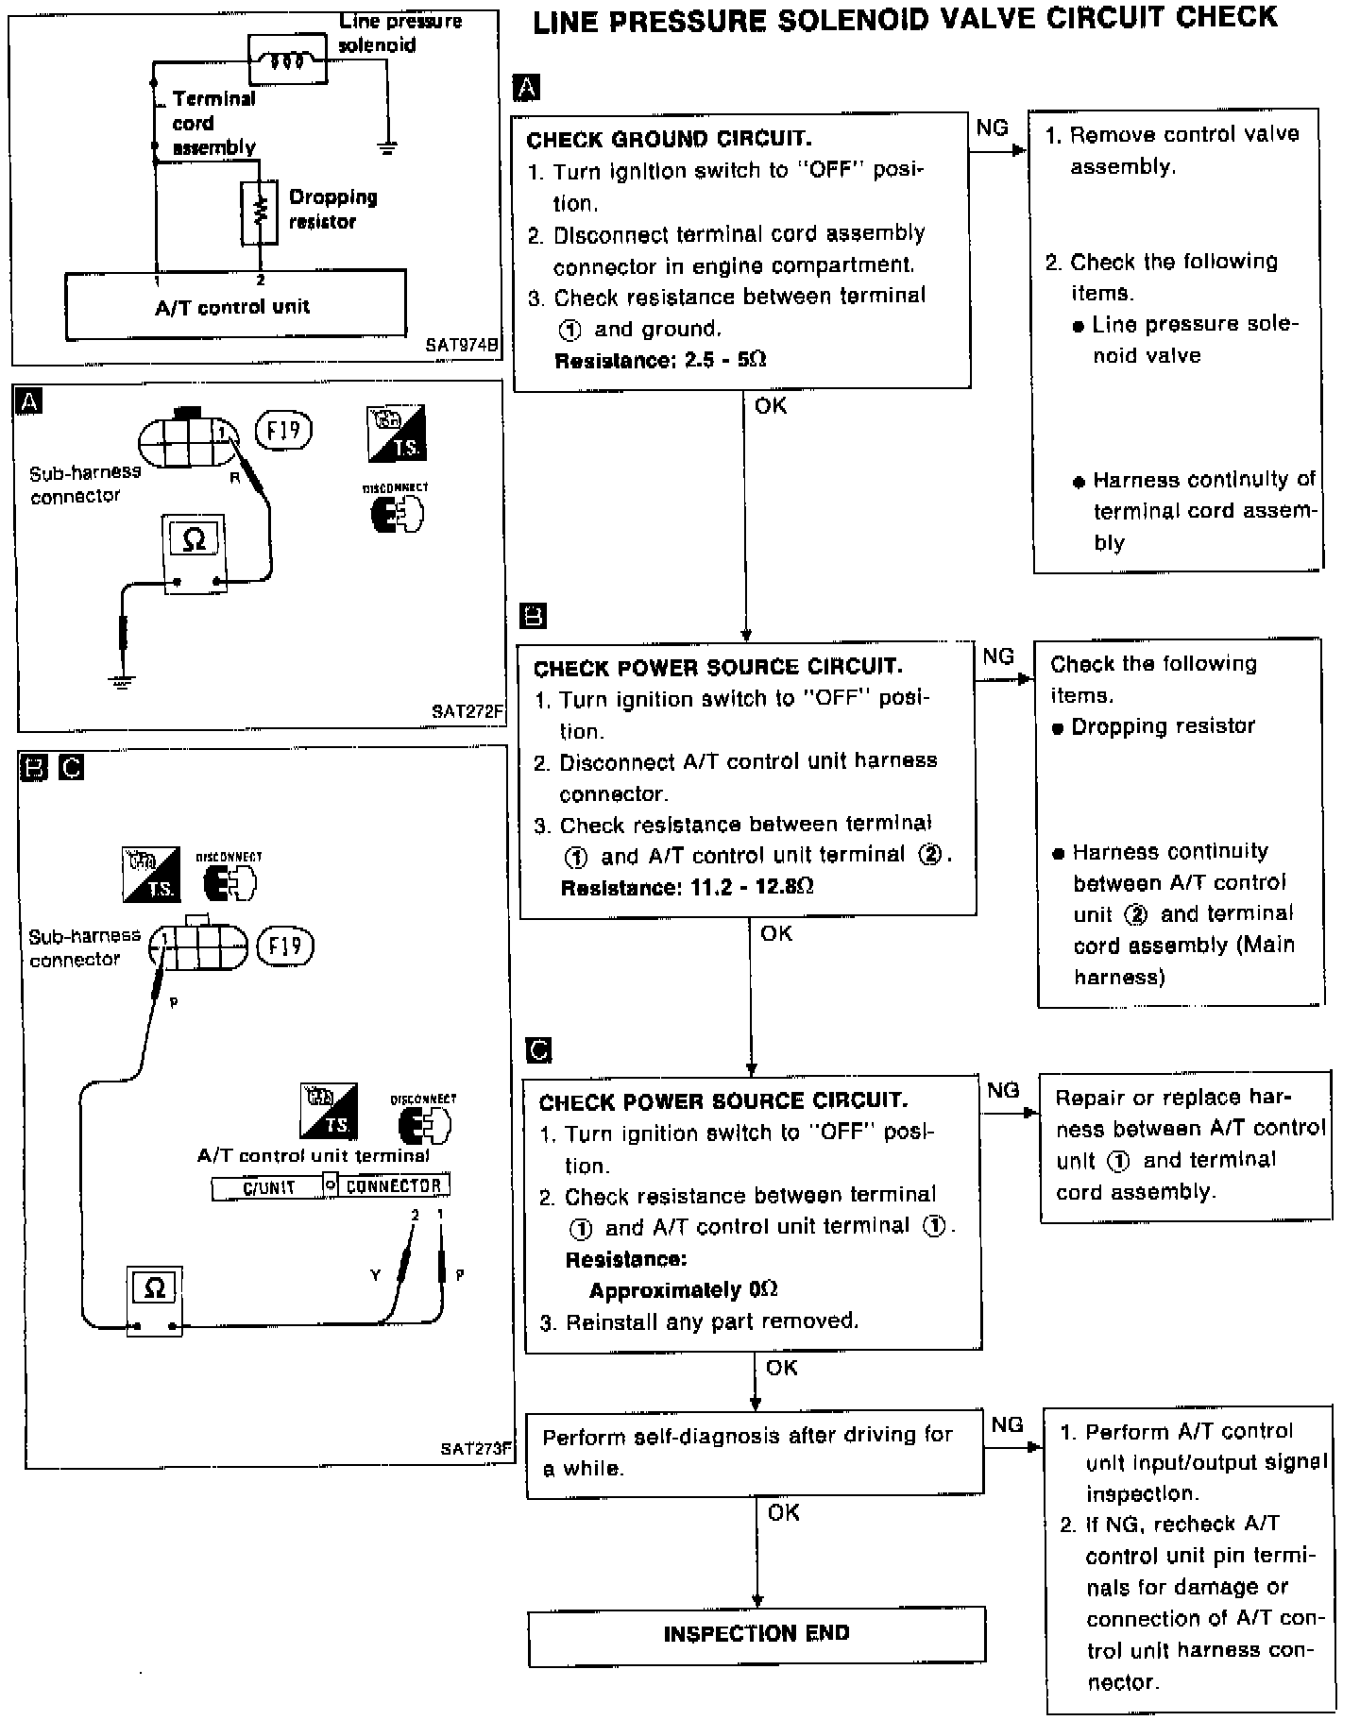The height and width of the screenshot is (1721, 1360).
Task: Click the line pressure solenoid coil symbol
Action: pos(286,60)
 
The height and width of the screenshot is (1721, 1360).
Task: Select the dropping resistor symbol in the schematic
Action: pos(260,213)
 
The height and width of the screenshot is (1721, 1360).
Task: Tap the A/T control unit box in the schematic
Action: pos(235,305)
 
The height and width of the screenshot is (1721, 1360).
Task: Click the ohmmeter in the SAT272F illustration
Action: pos(194,552)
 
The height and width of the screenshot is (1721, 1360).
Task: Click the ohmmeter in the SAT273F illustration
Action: pos(155,1300)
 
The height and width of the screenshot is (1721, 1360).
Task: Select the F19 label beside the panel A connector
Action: pos(283,432)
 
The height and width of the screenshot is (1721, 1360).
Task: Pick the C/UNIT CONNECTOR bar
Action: pos(331,1185)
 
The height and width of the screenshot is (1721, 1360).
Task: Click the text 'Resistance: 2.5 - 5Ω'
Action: pos(660,361)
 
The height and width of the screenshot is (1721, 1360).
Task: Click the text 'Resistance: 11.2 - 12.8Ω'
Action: pos(687,888)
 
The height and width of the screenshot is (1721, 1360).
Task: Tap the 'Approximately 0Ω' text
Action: pos(683,1290)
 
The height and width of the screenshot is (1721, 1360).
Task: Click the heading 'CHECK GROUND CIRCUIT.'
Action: pos(669,140)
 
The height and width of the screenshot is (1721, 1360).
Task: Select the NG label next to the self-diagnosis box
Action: pos(1007,1424)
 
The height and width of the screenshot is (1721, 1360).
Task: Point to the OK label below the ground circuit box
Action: pos(771,406)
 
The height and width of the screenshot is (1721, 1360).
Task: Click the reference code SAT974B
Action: pos(460,346)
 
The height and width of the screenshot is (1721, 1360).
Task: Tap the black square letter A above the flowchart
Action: pos(526,88)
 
